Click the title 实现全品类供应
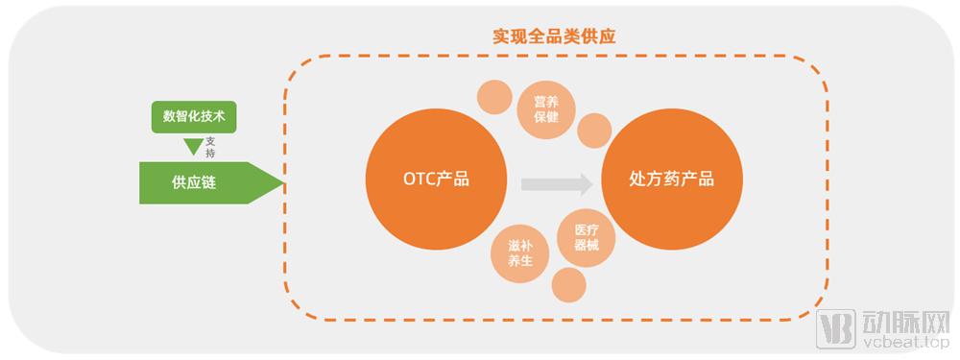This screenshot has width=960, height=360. click(554, 36)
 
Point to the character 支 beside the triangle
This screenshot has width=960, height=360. click(210, 141)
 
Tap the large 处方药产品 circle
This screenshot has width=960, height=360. click(671, 180)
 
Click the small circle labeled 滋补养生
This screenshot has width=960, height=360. click(519, 252)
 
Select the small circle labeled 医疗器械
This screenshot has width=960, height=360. click(586, 237)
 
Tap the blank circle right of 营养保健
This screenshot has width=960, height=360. click(594, 130)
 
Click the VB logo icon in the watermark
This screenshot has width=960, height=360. click(833, 328)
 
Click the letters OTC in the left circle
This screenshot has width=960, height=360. click(403, 180)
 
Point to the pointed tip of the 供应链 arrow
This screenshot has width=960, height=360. click(282, 182)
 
